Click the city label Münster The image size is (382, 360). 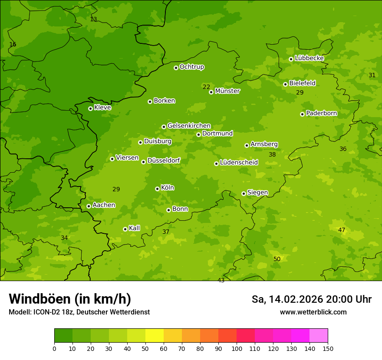227,91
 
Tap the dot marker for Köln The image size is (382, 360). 157,189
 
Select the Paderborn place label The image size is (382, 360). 321,113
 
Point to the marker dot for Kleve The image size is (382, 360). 90,108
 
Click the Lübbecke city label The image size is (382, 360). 309,58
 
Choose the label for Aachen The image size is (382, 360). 104,205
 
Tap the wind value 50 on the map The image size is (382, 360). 277,259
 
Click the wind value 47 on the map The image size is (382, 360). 342,230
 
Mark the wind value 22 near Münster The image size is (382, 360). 206,87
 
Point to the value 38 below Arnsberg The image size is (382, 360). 272,154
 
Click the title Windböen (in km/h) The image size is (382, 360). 70,299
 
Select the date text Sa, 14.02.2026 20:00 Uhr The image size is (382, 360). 311,299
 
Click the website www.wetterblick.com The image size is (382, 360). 313,312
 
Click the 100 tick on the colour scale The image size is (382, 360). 237,348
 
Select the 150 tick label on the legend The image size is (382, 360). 328,348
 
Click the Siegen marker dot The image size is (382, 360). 244,193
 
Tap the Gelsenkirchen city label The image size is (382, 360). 189,126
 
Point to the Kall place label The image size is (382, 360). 135,228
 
